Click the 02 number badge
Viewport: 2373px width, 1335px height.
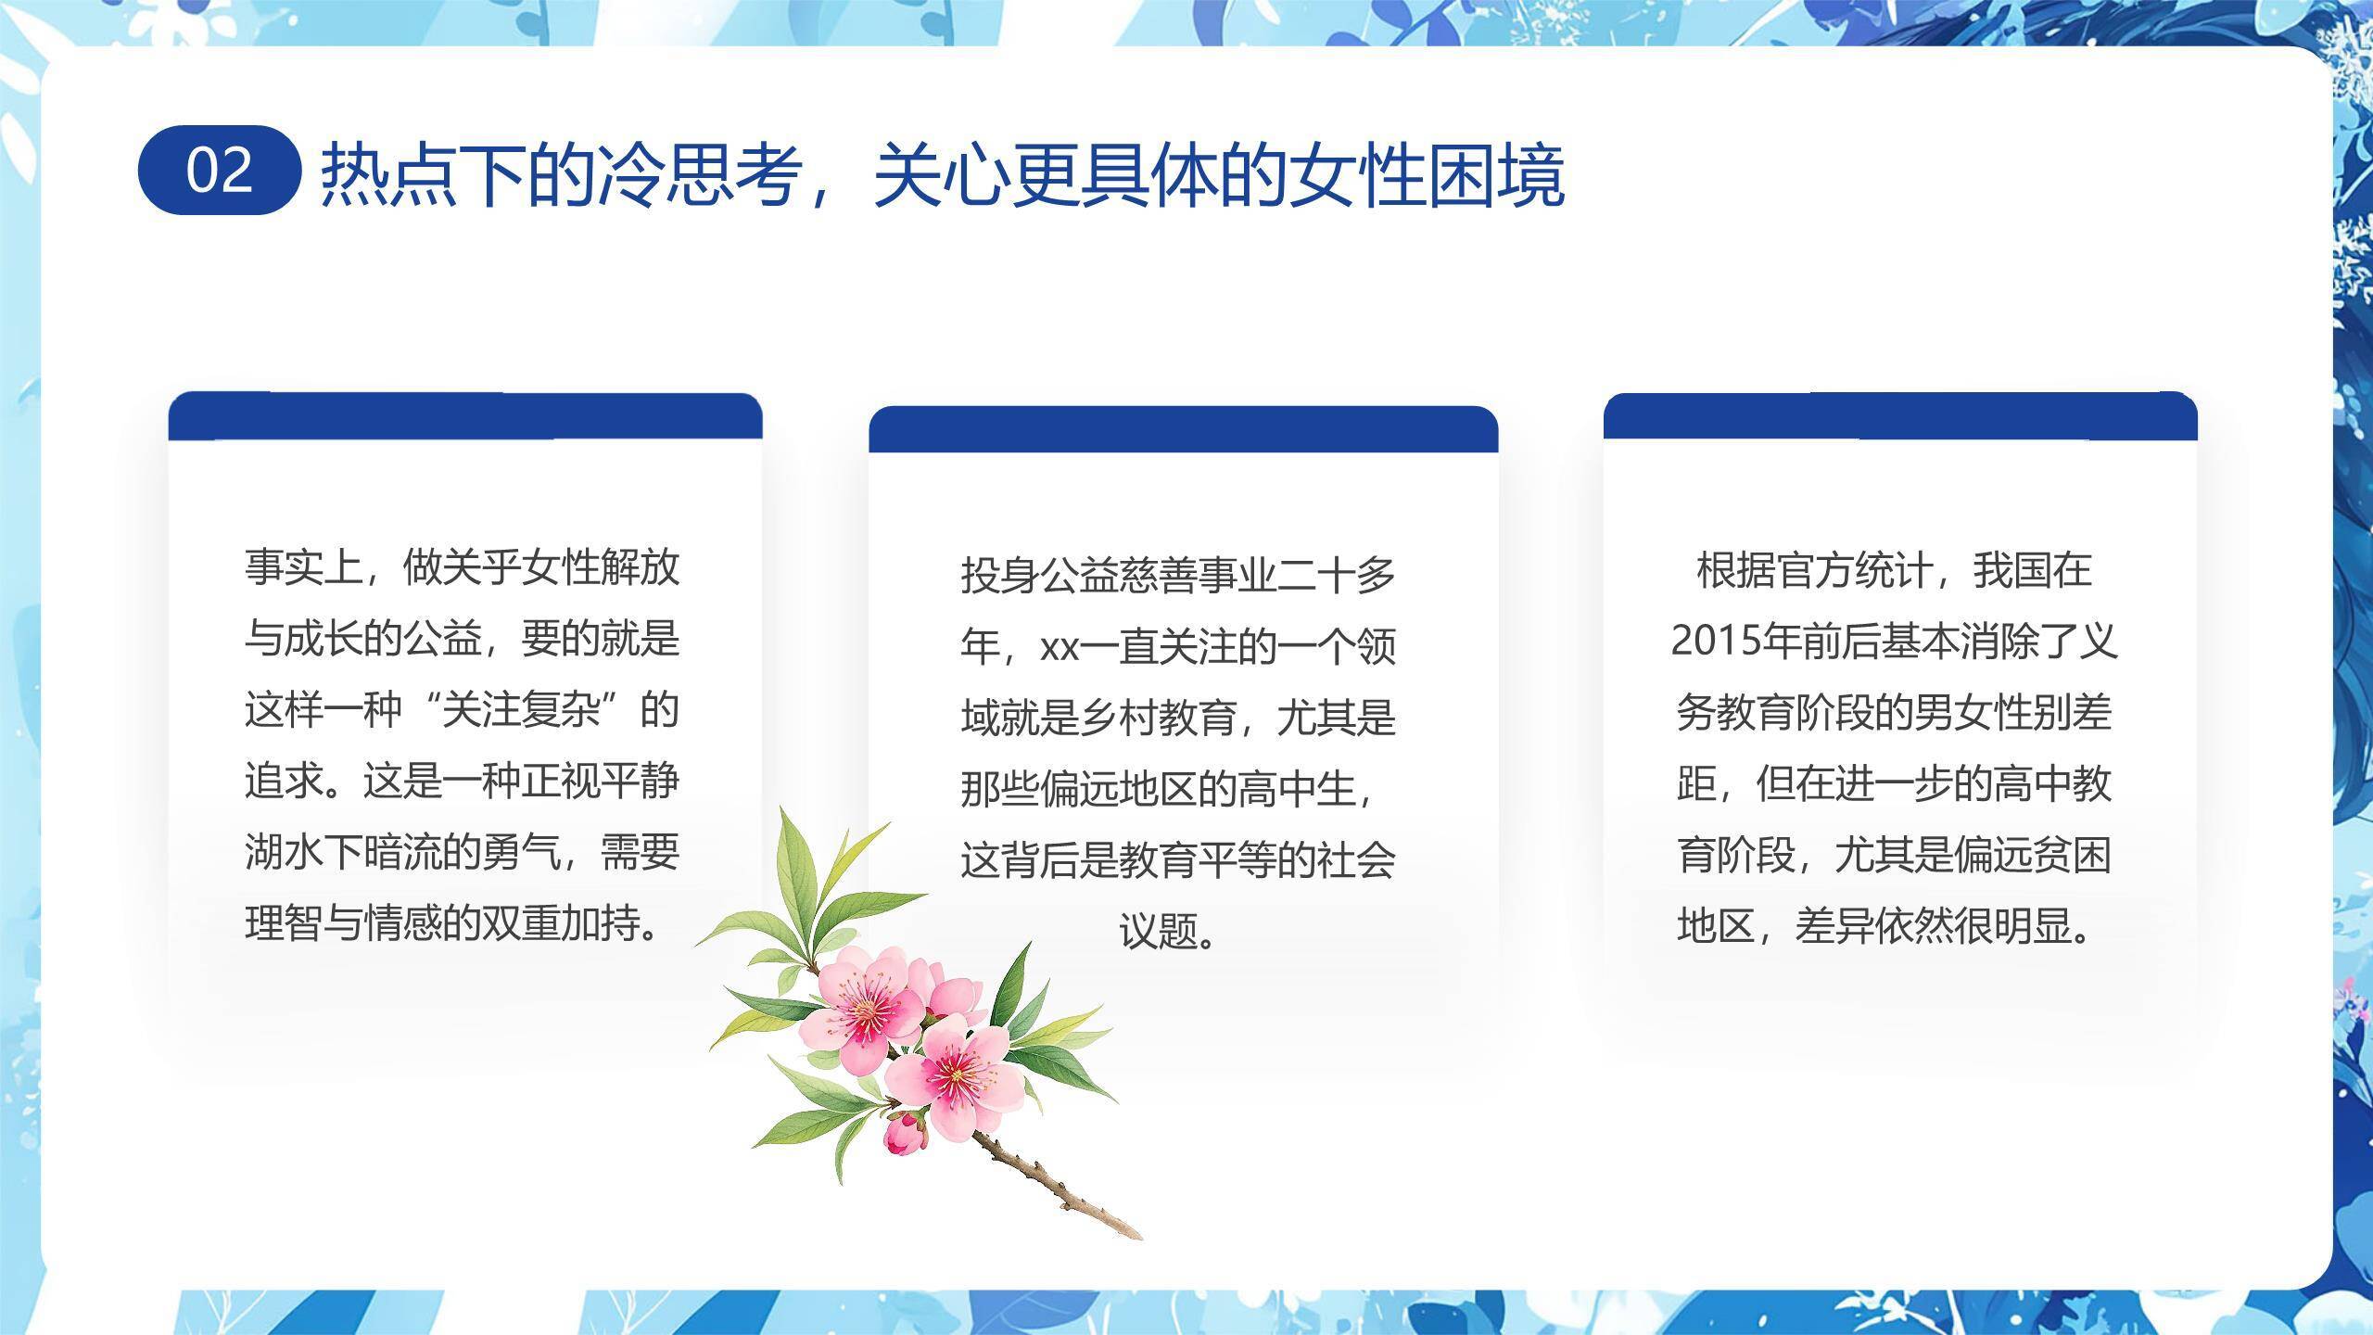220,171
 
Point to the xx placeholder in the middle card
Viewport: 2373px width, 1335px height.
1060,647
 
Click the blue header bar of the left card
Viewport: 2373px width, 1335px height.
465,416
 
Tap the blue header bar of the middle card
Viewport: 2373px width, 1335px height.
1183,429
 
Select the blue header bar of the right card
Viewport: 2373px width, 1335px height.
1900,416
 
